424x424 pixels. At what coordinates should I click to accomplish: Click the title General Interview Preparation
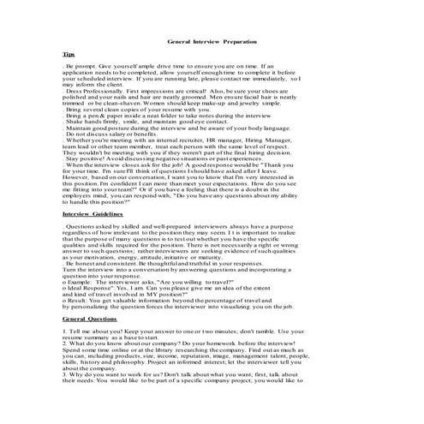click(212, 41)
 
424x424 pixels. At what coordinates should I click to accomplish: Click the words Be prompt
click(82, 66)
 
